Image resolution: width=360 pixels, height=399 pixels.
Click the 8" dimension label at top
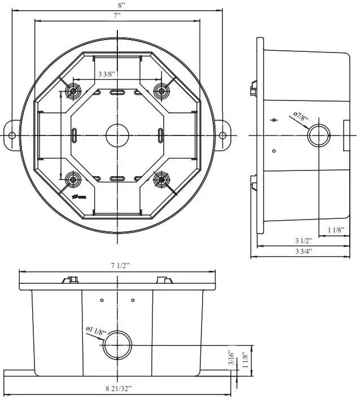[117, 5]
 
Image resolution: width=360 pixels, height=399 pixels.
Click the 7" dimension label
[117, 16]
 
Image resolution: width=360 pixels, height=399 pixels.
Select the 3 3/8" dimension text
[107, 74]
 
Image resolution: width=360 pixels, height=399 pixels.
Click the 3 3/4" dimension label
[302, 251]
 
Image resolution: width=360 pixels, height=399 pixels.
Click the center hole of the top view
[117, 135]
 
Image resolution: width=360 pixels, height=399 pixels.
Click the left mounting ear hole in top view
[12, 135]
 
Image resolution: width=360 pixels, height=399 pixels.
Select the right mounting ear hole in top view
[222, 135]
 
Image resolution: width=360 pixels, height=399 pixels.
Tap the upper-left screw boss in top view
[72, 91]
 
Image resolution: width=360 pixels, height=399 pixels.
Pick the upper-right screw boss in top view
[162, 90]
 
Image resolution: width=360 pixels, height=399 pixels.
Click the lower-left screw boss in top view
[72, 180]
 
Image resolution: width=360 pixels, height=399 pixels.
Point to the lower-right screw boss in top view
[161, 179]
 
